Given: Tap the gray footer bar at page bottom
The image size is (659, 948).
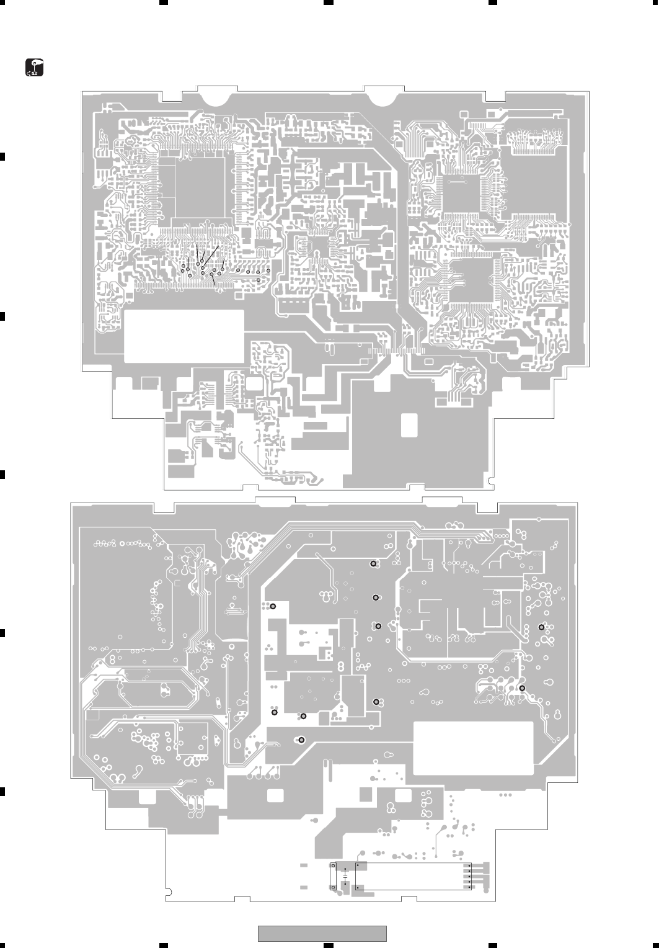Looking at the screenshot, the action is (x=322, y=933).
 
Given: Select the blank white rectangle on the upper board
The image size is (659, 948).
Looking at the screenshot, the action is (x=184, y=336).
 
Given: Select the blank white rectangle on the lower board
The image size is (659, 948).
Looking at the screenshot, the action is (x=473, y=748).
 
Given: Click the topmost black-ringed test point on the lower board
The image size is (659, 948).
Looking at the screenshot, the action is (x=373, y=564).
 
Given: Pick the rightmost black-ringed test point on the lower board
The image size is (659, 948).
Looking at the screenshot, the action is (x=541, y=627).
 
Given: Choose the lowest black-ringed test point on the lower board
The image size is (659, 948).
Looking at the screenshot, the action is (x=301, y=740).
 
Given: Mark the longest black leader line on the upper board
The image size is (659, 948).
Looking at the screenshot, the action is (x=211, y=257).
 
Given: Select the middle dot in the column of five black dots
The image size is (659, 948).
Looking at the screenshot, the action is (x=469, y=875).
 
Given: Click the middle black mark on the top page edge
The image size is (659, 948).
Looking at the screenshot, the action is (x=329, y=2).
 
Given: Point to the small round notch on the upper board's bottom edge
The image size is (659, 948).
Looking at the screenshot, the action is (x=491, y=480).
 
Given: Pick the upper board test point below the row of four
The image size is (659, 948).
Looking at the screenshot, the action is (x=259, y=280).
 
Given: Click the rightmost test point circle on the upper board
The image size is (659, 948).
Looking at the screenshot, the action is (x=268, y=271).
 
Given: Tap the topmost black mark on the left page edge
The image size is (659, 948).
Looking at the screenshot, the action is (x=2, y=156).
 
